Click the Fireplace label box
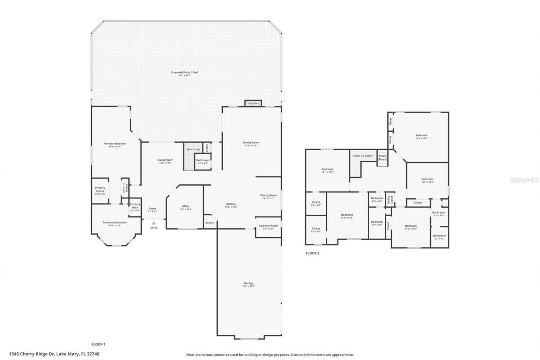(x=253, y=103)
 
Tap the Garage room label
(x=248, y=283)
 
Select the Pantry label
(x=210, y=222)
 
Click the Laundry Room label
(x=268, y=226)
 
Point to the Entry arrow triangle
(x=154, y=223)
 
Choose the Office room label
(x=186, y=206)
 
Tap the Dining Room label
(x=268, y=195)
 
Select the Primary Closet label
(x=100, y=189)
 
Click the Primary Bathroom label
(x=114, y=222)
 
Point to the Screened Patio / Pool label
(x=184, y=73)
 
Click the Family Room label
(x=251, y=143)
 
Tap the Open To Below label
(x=363, y=156)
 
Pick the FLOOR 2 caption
(x=313, y=253)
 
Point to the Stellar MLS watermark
(x=524, y=180)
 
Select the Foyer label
(x=152, y=208)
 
